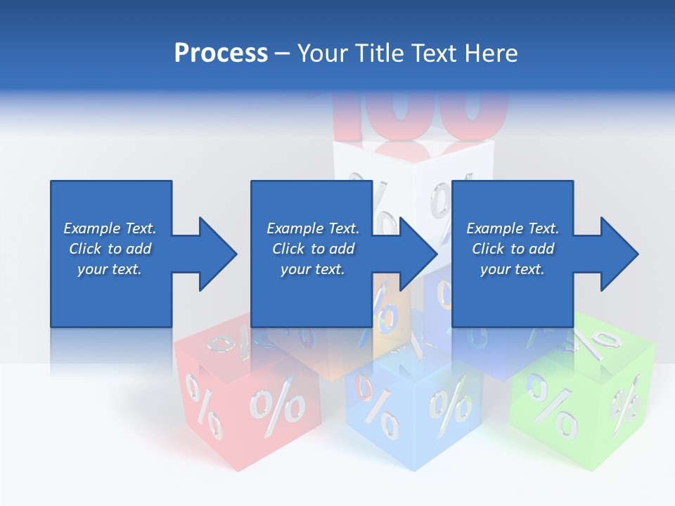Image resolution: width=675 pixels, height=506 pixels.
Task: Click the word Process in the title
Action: click(221, 53)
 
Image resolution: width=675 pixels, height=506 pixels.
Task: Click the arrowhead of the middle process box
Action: click(418, 254)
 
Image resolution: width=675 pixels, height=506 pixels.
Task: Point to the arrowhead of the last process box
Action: click(619, 254)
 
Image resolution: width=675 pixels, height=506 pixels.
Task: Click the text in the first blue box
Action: click(110, 249)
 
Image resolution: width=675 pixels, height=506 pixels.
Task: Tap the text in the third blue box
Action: click(513, 249)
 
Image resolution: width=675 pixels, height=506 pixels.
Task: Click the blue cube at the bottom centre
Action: click(415, 415)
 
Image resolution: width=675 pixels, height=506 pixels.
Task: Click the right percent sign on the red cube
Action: click(278, 408)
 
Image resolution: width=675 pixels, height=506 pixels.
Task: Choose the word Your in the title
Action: click(321, 53)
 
